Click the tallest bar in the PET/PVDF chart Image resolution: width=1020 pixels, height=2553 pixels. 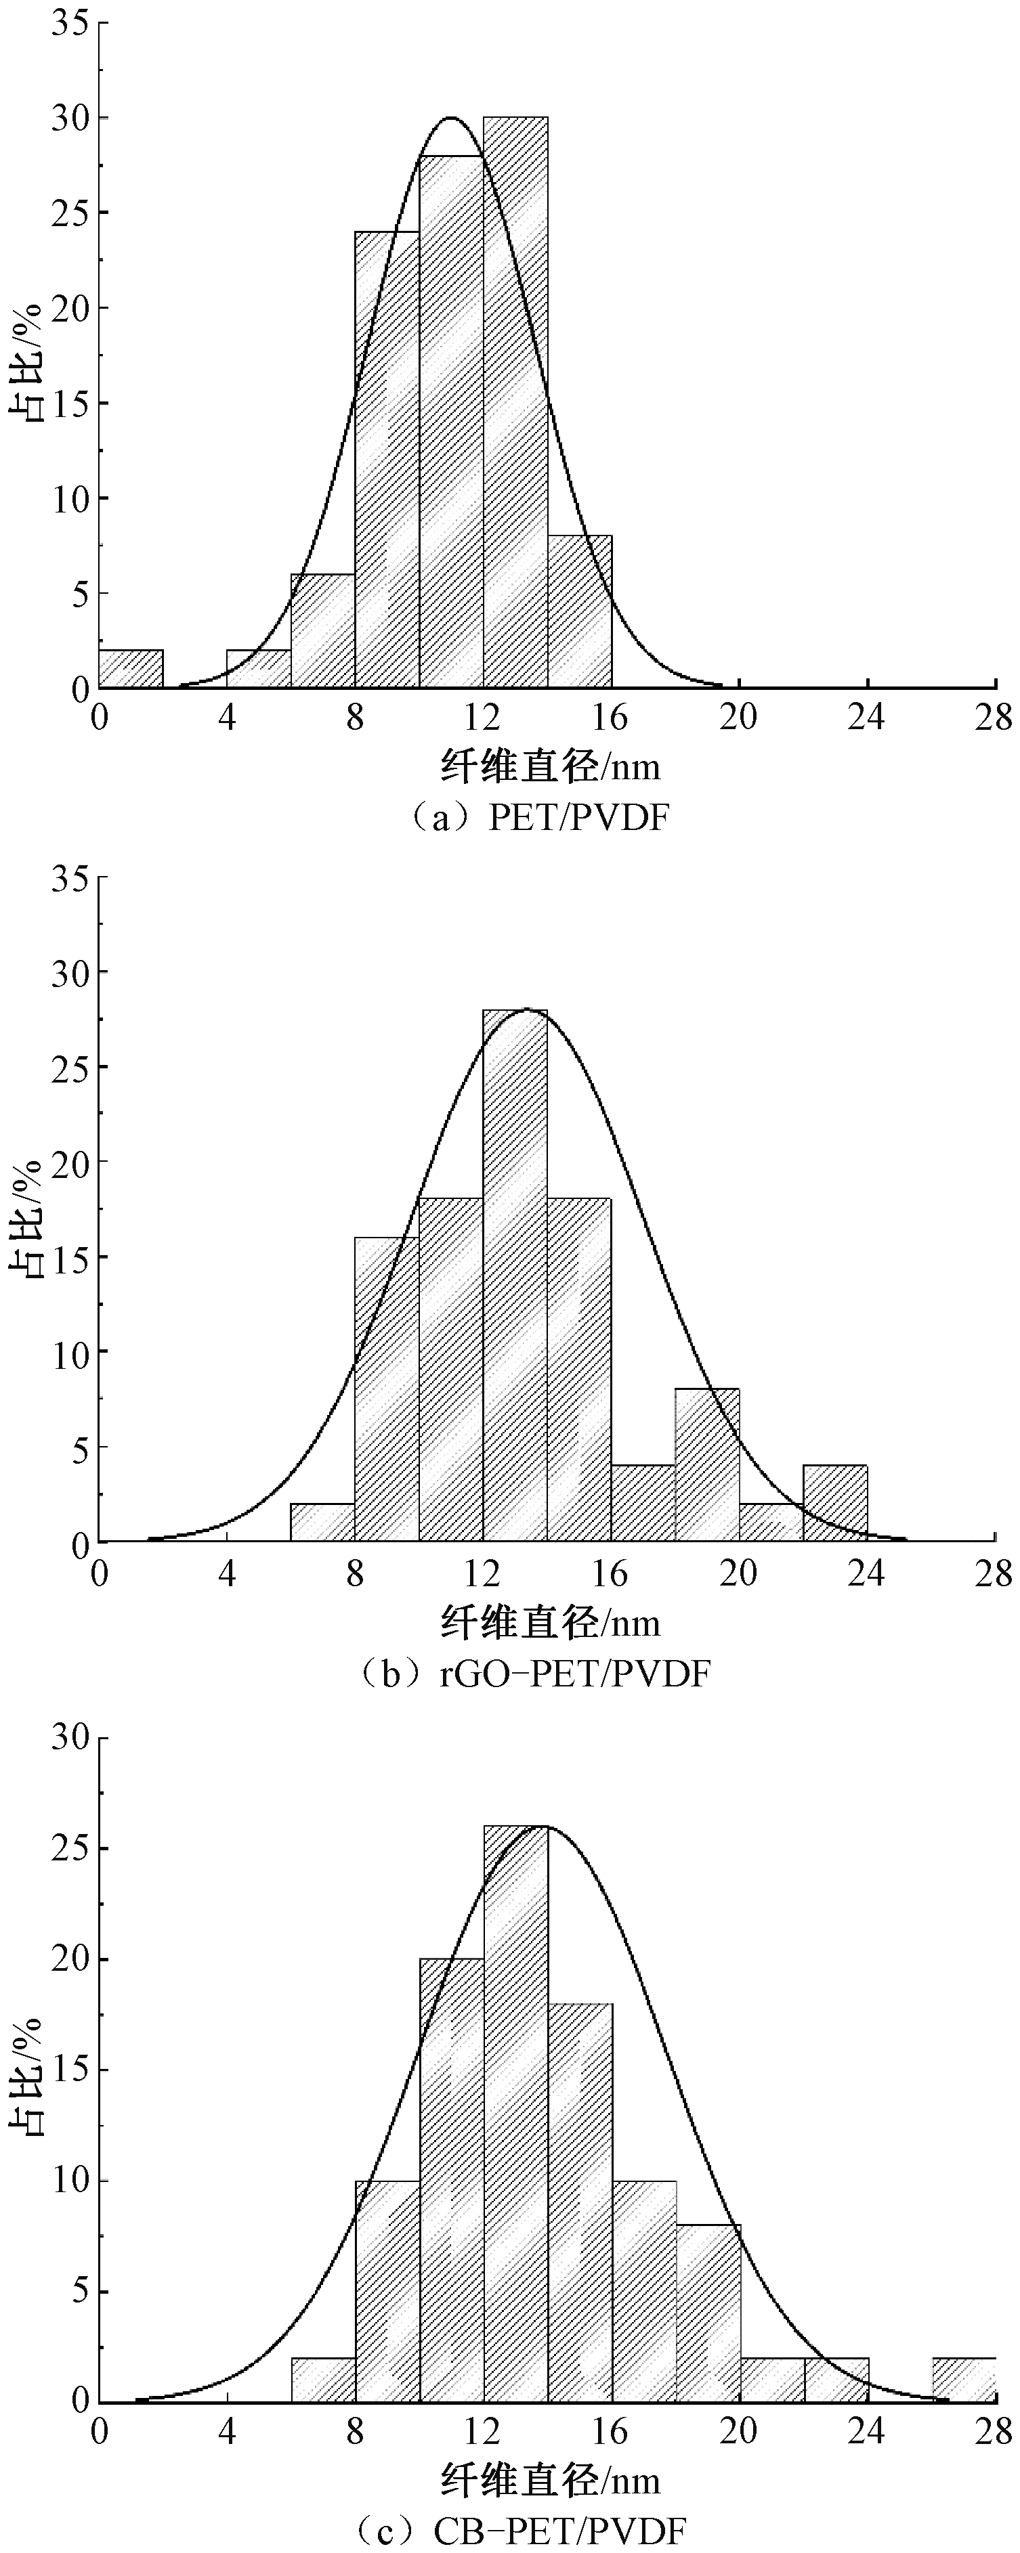515,401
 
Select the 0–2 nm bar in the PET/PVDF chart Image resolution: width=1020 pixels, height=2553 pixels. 131,669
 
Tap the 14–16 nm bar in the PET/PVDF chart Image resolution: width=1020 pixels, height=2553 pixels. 579,611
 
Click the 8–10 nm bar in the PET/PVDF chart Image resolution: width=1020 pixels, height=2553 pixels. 387,459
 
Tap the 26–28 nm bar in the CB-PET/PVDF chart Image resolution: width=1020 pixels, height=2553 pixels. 964,2380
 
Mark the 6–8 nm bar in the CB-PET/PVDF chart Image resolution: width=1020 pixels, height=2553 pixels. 323,2380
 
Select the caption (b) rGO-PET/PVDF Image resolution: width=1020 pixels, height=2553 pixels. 534,1674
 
